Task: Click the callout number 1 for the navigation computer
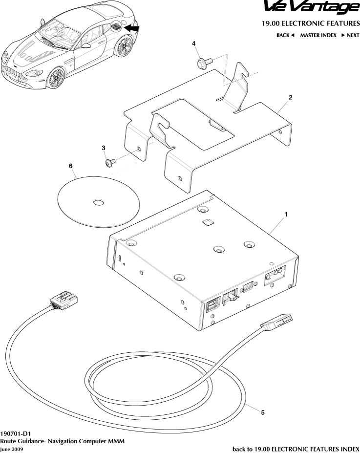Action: pos(286,215)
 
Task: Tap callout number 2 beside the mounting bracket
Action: pos(291,97)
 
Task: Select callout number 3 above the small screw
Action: pos(104,148)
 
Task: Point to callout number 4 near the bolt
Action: pos(194,43)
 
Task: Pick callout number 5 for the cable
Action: pos(263,412)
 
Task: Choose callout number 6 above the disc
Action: pos(70,166)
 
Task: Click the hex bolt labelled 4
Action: pos(205,62)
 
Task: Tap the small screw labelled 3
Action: pos(110,162)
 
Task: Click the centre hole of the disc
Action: pos(99,202)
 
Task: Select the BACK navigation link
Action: pos(285,35)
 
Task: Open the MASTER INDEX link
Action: pos(318,35)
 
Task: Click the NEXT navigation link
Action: pos(350,35)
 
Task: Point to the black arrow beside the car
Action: pos(131,28)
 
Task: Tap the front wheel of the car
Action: pos(55,78)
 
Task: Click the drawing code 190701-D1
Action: pos(15,434)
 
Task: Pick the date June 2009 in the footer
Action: pos(12,449)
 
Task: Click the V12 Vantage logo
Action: pos(312,7)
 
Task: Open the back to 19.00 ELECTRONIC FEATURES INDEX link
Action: pos(296,449)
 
